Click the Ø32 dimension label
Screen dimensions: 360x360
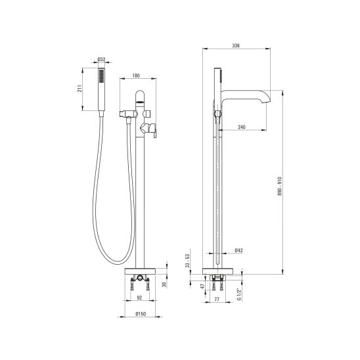click(101, 59)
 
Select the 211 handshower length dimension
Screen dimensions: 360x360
click(79, 89)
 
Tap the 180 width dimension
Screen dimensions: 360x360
click(136, 76)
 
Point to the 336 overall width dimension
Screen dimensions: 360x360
click(236, 45)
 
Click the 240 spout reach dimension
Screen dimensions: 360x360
click(242, 127)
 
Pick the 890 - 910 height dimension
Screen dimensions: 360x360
click(279, 186)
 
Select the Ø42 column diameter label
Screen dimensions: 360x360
click(238, 250)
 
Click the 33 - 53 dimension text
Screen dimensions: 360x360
click(188, 261)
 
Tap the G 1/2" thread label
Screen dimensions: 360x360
click(239, 294)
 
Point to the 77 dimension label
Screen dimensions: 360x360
click(217, 299)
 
